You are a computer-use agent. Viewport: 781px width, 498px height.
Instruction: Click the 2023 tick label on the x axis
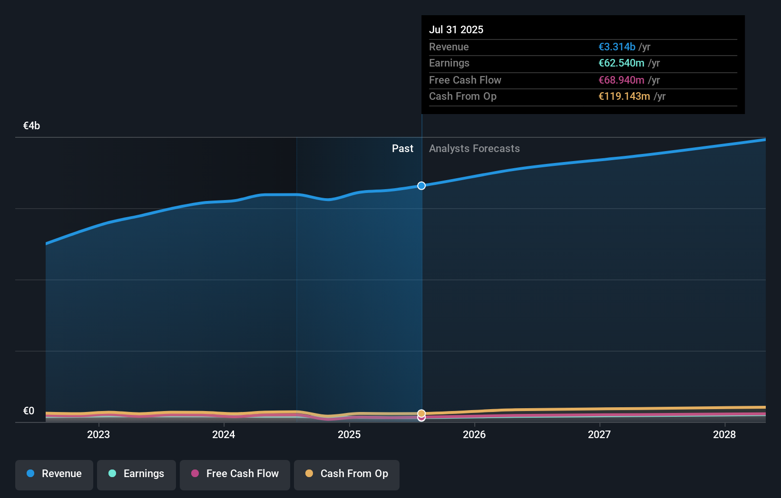(98, 434)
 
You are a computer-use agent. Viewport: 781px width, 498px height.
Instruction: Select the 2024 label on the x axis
(224, 434)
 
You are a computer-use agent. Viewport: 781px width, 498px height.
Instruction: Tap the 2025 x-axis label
(349, 434)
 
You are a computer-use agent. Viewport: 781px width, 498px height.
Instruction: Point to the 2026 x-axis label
(474, 434)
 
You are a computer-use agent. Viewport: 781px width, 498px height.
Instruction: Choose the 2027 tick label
(599, 434)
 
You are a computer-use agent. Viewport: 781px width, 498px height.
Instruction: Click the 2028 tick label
(724, 434)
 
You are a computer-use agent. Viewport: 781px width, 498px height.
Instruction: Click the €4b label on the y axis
(31, 126)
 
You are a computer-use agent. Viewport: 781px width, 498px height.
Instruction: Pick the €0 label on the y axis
(29, 411)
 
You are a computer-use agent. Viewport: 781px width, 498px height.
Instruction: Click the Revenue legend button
(54, 474)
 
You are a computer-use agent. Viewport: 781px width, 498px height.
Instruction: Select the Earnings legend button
(137, 474)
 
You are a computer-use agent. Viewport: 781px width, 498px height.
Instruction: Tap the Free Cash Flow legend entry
(235, 474)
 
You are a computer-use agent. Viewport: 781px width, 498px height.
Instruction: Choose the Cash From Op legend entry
(347, 474)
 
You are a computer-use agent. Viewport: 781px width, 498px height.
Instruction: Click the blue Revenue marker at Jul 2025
(421, 186)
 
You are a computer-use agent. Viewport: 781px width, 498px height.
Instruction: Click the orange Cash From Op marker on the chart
(421, 413)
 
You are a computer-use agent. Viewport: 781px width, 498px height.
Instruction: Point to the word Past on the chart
(402, 149)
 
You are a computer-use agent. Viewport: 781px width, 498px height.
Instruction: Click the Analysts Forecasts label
(474, 149)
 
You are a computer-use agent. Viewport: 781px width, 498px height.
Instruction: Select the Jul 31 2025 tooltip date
(456, 29)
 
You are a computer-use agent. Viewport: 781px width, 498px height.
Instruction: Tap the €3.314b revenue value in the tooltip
(617, 47)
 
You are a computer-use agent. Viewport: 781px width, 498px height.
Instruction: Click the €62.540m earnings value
(621, 63)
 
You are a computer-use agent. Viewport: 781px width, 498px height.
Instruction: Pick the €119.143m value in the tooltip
(624, 96)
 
